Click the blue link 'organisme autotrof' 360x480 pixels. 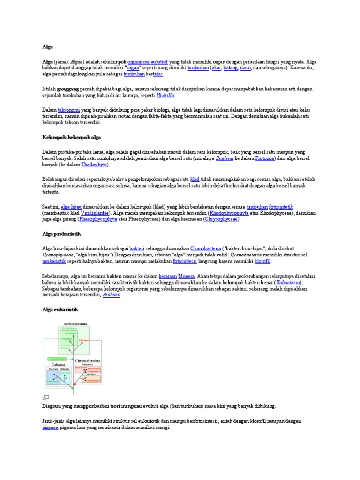[148, 61]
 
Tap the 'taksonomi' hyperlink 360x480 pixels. [68, 109]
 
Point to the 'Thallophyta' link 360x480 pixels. [95, 165]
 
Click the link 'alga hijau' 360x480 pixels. [72, 206]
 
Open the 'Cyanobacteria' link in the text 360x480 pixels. [207, 247]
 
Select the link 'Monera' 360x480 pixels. [187, 277]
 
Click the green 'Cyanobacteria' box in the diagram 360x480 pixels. [56, 359]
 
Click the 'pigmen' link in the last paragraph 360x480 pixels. [50, 427]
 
